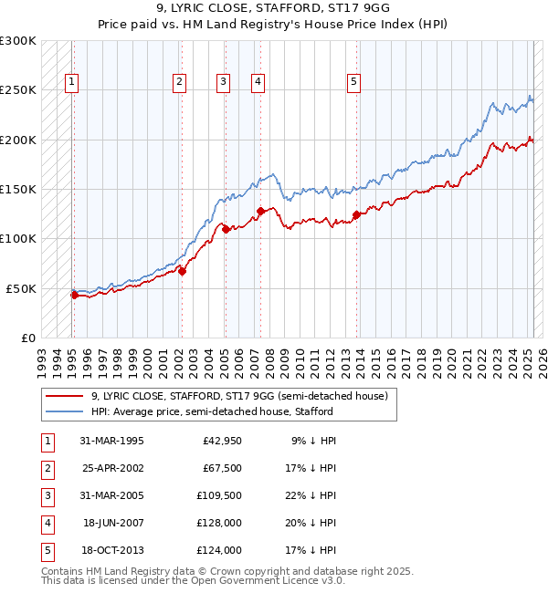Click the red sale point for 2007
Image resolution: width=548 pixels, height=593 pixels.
pos(261,211)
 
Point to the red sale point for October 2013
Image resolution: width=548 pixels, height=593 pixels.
pos(356,214)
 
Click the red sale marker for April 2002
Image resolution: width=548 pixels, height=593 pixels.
pos(182,270)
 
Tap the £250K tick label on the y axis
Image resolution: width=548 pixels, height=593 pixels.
pos(18,90)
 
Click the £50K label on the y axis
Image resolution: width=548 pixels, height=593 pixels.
pos(22,288)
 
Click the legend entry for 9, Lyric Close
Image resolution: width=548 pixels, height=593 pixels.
pos(239,396)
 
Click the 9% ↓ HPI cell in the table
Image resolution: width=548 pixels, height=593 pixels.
pos(313,441)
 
